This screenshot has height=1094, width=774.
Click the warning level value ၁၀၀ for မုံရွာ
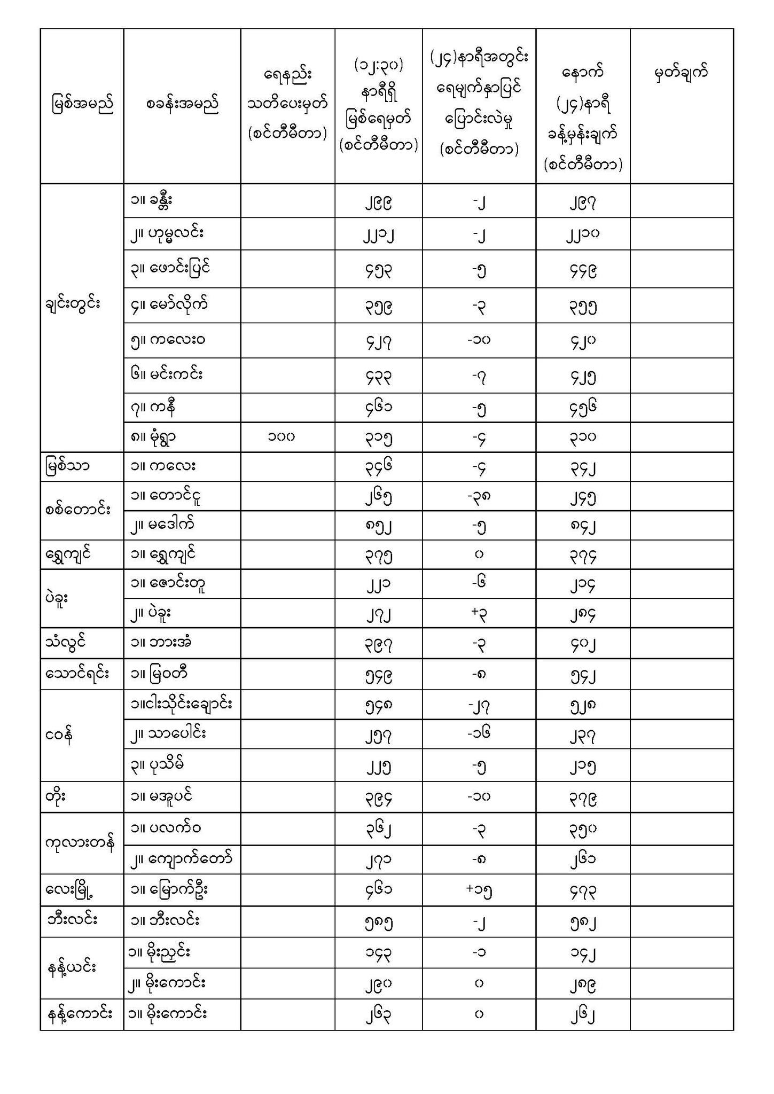(282, 437)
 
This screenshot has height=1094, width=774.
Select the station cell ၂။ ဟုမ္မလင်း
(167, 233)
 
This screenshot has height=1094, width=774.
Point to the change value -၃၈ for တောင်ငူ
(479, 497)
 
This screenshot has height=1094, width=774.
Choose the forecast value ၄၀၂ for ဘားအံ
(582, 644)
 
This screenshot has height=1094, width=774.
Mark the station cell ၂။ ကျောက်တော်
(182, 859)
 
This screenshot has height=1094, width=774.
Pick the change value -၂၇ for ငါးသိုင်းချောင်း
(479, 706)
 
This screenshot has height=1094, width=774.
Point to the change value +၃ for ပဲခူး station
(479, 614)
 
